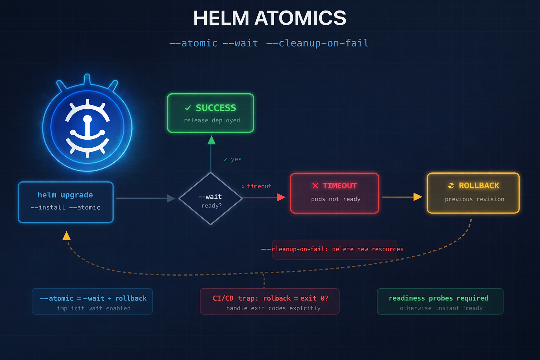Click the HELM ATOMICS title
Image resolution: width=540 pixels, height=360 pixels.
tap(270, 18)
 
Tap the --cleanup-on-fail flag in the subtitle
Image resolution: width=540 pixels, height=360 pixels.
tap(317, 43)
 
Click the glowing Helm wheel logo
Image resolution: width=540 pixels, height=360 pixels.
tap(87, 127)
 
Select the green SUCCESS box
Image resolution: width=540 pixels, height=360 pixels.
tap(210, 113)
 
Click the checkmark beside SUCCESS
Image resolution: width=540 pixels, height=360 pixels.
tap(188, 108)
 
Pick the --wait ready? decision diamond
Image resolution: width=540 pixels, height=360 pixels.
tap(211, 199)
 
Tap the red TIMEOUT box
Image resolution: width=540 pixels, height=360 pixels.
tap(334, 193)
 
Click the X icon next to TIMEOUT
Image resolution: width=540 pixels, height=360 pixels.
tap(315, 186)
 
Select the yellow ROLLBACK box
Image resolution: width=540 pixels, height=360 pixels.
tap(473, 193)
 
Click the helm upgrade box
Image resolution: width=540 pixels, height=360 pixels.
tap(66, 202)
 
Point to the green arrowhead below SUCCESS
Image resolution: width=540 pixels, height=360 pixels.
tap(211, 140)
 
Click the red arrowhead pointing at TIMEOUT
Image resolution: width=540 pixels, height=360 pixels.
tap(281, 197)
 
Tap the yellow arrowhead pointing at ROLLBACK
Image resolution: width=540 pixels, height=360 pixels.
tap(418, 197)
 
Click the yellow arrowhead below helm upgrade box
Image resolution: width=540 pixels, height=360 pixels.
tap(66, 236)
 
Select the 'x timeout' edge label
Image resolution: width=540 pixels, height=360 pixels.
tap(257, 186)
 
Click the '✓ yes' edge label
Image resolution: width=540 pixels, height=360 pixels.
tap(233, 159)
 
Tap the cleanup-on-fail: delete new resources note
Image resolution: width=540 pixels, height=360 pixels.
tap(334, 249)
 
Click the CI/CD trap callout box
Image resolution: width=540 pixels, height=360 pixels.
tap(270, 302)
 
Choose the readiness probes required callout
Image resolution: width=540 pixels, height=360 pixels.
tap(440, 302)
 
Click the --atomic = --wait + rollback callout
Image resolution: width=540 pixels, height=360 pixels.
tap(92, 302)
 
